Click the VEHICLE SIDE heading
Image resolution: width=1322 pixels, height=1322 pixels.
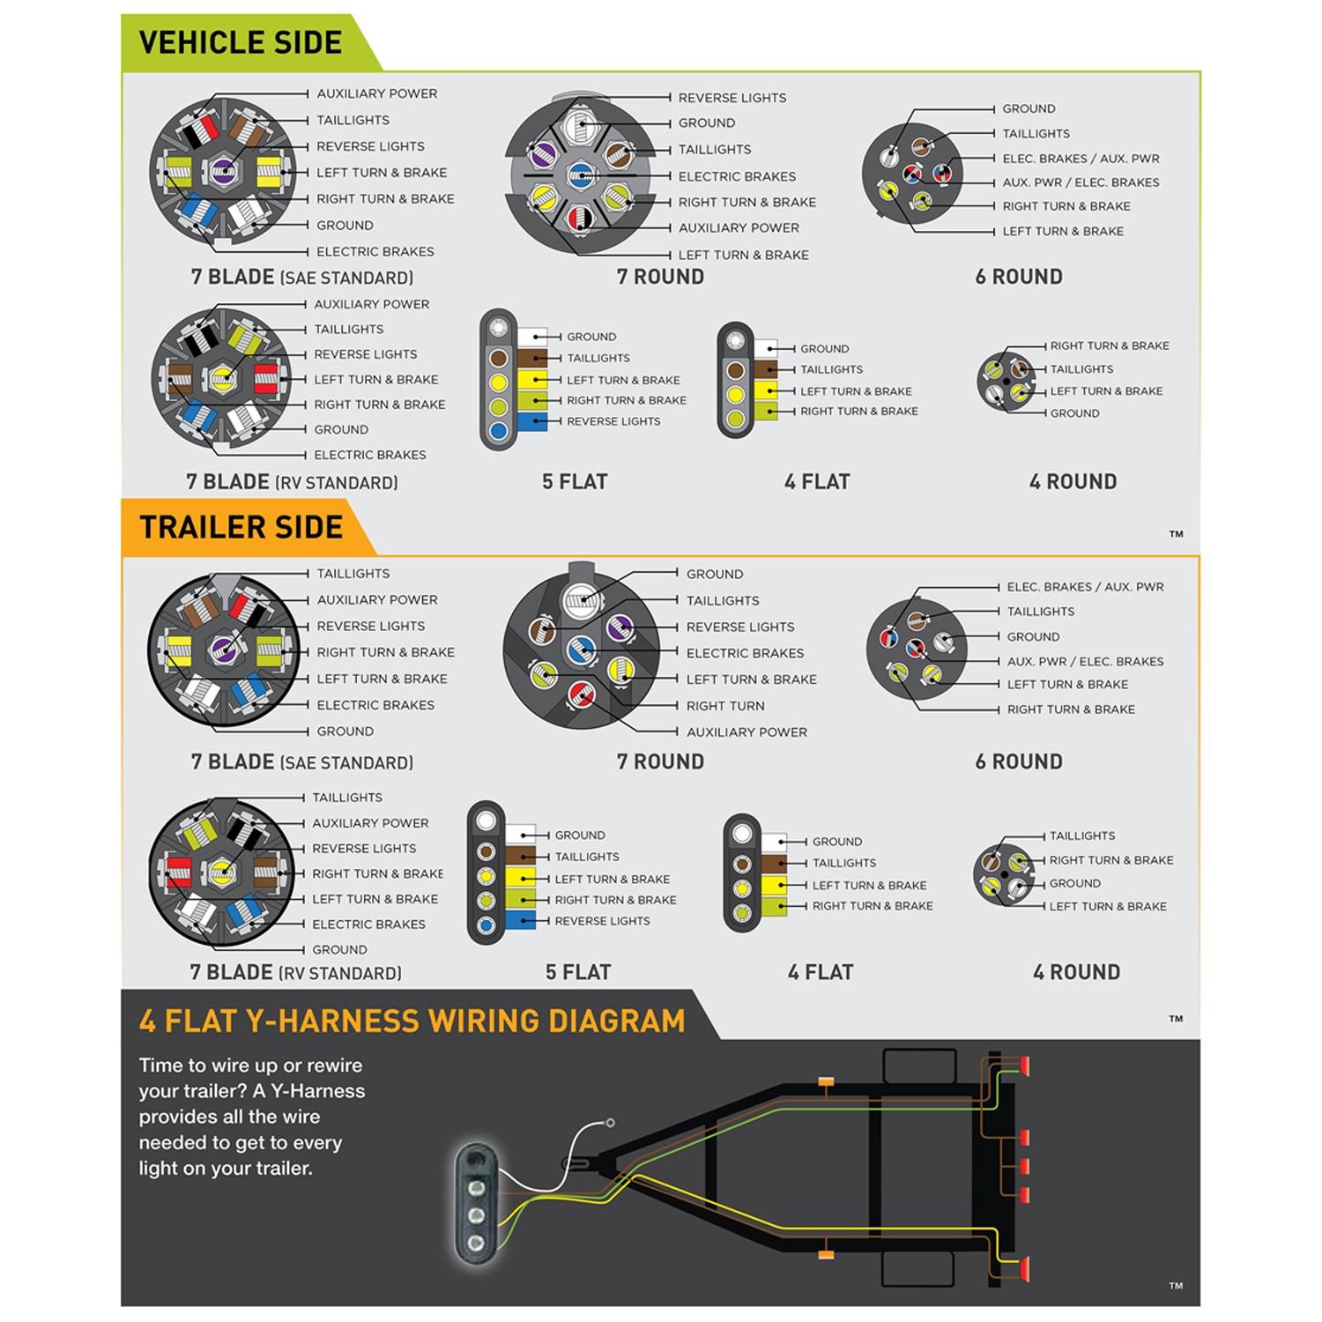[240, 42]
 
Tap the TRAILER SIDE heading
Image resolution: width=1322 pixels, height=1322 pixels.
[241, 527]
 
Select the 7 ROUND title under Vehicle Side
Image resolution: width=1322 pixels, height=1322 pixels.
[660, 277]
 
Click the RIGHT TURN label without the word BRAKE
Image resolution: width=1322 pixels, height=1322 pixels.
[725, 706]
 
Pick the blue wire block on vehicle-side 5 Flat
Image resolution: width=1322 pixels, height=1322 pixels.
[532, 421]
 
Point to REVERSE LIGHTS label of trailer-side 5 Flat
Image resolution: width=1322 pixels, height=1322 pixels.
[602, 921]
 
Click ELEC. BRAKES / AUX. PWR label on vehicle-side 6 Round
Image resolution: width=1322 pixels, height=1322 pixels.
[1081, 159]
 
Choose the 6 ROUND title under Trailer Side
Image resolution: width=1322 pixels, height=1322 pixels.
[1019, 761]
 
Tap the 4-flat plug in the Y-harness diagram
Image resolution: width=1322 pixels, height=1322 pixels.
[477, 1199]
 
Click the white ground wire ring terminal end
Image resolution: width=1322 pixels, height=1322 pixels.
[610, 1123]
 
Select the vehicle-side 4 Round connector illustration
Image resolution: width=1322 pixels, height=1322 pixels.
[1006, 381]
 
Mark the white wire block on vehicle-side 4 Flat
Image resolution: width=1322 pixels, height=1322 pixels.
[765, 349]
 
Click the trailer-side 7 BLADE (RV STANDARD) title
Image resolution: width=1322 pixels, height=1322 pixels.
[295, 973]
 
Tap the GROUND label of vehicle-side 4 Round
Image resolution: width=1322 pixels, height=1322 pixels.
[1074, 413]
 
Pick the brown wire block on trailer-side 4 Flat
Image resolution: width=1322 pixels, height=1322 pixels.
[773, 864]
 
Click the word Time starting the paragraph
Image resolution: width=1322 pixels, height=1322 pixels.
[161, 1066]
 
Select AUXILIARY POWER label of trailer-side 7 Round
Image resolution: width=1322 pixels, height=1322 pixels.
[746, 732]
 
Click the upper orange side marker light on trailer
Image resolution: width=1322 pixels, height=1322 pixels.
[826, 1081]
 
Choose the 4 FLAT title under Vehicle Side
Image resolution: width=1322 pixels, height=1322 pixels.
[817, 482]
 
